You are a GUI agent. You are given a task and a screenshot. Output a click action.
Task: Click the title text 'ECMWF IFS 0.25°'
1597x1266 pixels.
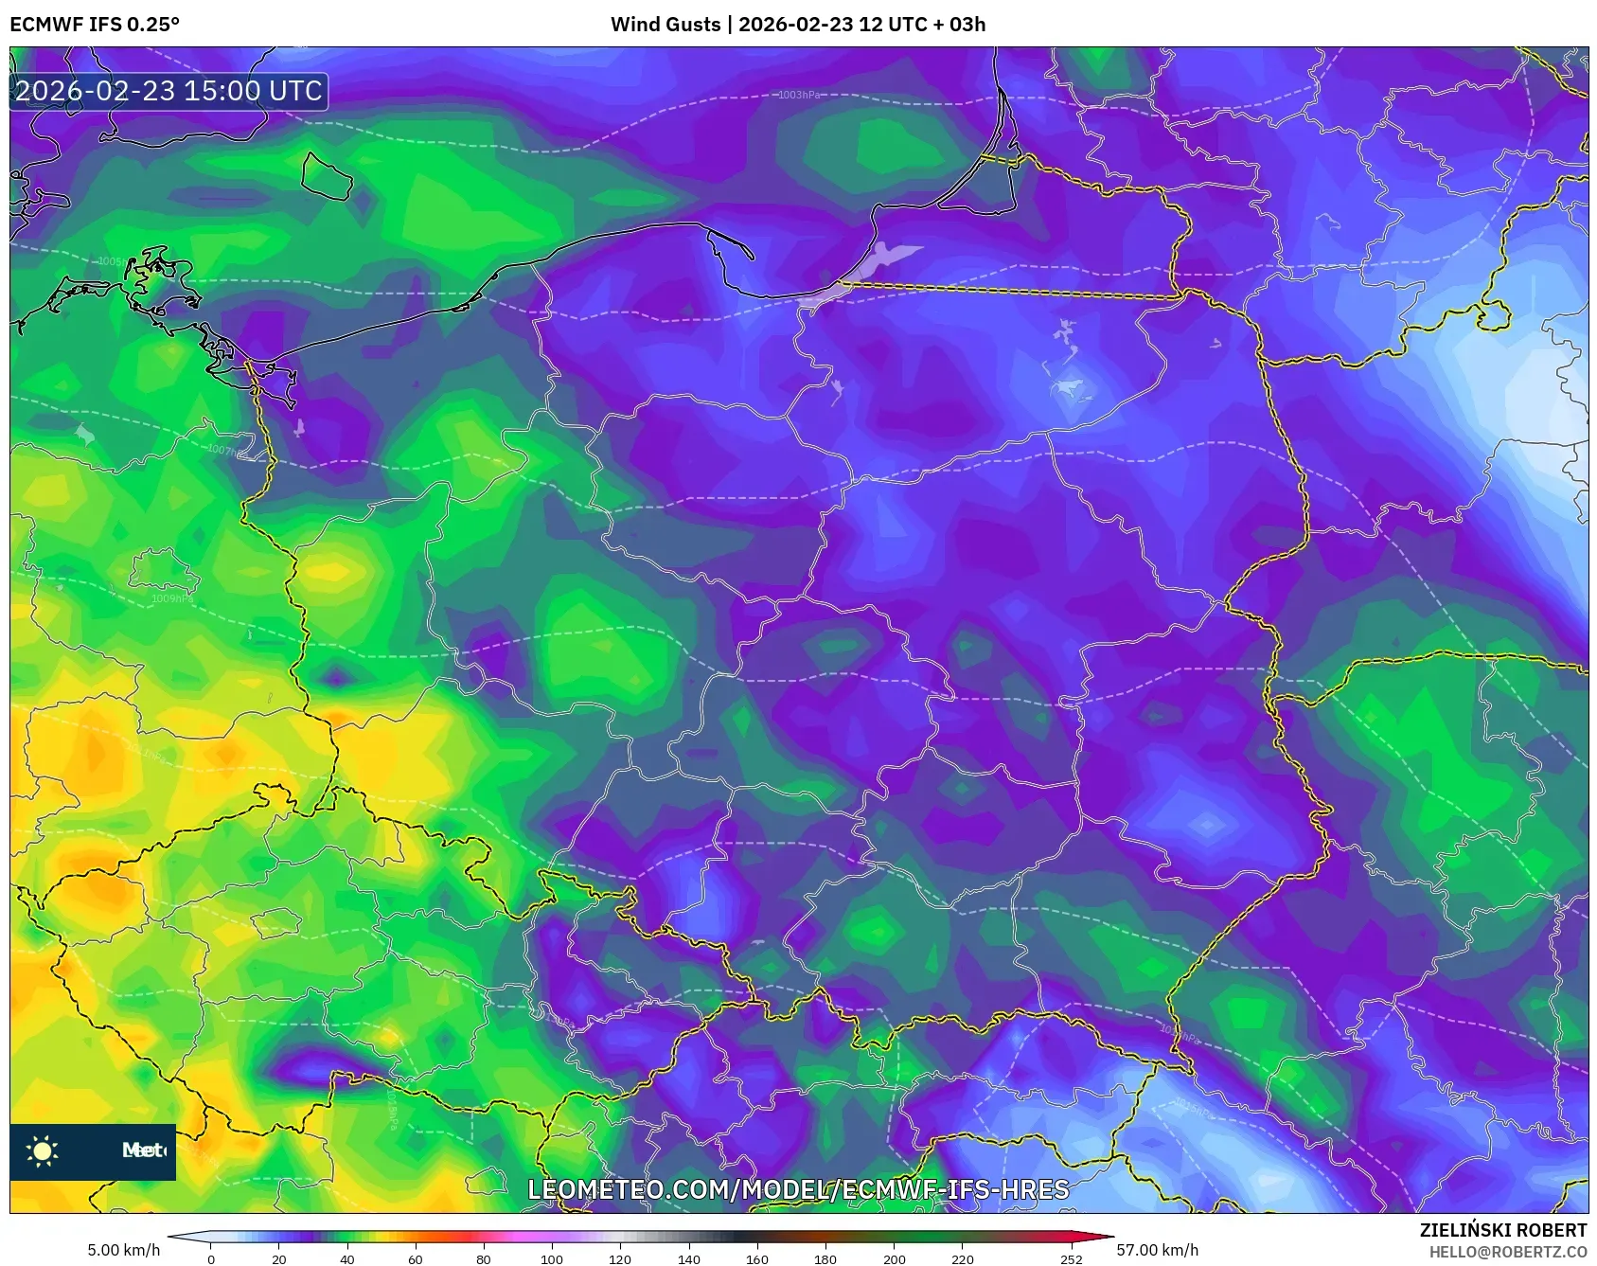pyautogui.click(x=95, y=25)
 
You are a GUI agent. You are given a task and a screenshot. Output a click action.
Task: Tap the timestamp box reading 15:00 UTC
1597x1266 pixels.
pyautogui.click(x=169, y=92)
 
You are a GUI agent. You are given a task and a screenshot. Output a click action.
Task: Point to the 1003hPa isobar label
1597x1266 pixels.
pyautogui.click(x=800, y=95)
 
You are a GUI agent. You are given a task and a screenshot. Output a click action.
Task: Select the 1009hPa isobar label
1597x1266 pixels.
pyautogui.click(x=172, y=598)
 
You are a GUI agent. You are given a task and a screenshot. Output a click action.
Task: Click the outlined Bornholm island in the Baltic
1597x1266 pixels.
pyautogui.click(x=327, y=176)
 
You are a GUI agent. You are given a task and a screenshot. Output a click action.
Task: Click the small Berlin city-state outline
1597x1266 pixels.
pyautogui.click(x=163, y=572)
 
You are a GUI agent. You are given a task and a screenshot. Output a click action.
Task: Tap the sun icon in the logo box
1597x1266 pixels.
pyautogui.click(x=43, y=1150)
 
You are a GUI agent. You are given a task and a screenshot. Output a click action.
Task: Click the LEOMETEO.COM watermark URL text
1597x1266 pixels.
pyautogui.click(x=798, y=1189)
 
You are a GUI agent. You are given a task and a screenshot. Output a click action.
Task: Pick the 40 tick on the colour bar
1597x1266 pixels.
pyautogui.click(x=347, y=1258)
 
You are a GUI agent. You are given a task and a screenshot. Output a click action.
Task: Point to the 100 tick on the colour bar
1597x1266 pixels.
pyautogui.click(x=552, y=1258)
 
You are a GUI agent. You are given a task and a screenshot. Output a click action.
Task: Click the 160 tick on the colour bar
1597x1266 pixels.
pyautogui.click(x=757, y=1258)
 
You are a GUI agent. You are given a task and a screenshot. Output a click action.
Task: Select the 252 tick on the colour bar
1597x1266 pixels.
pyautogui.click(x=1072, y=1258)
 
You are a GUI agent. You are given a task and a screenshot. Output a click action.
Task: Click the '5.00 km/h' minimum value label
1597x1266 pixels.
pyautogui.click(x=124, y=1250)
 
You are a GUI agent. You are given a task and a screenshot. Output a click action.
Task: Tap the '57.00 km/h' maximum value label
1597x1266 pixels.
pyautogui.click(x=1157, y=1250)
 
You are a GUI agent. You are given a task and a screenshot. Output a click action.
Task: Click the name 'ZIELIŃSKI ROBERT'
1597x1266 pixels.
pyautogui.click(x=1502, y=1230)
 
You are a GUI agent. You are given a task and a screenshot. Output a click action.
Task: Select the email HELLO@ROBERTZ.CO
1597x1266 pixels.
pyautogui.click(x=1508, y=1252)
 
